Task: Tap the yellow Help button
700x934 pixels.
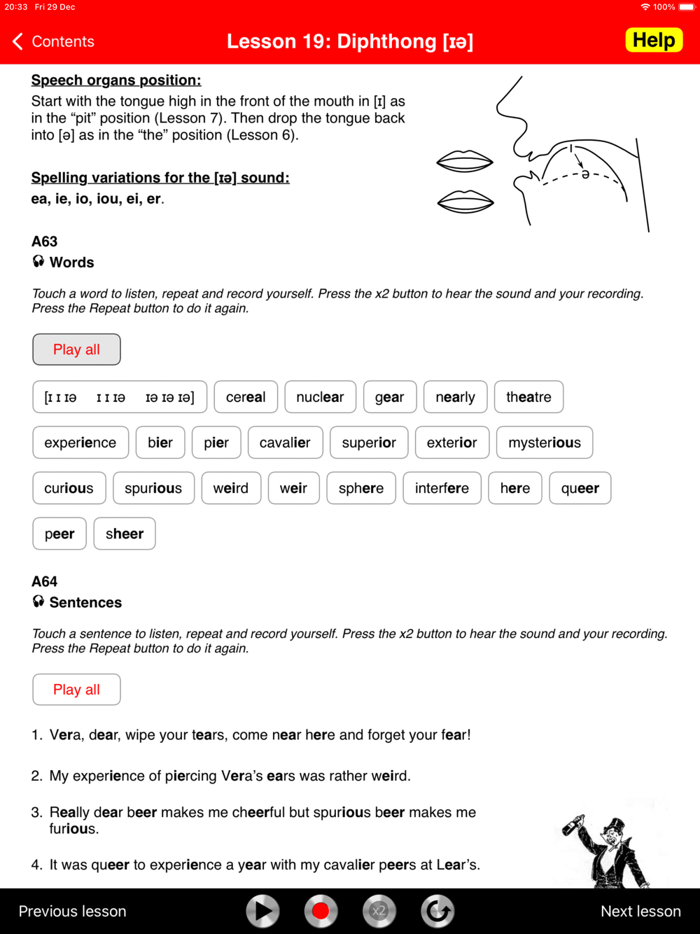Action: [x=654, y=41]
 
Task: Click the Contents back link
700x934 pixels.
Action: [x=54, y=41]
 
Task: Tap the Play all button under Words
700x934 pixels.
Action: [x=76, y=349]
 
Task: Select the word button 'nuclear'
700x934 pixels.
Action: [x=320, y=397]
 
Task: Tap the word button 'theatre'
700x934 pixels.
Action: [x=528, y=397]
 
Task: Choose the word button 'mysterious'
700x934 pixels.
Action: [x=544, y=442]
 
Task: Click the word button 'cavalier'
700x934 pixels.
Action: [x=285, y=442]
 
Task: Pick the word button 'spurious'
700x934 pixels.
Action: [x=153, y=488]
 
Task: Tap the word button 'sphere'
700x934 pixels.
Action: [x=360, y=488]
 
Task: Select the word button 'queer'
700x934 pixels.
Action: [x=580, y=488]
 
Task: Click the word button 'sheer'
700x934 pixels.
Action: [x=125, y=534]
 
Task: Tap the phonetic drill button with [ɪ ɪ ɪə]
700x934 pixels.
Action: [x=120, y=397]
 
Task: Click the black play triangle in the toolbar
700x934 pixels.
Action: [x=262, y=911]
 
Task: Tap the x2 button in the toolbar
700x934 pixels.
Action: [x=379, y=911]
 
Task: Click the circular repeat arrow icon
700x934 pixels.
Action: [x=437, y=911]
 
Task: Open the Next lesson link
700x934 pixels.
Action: [x=640, y=911]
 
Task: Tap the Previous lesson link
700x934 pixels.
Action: [x=72, y=911]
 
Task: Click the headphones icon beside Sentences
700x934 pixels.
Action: [x=38, y=601]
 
